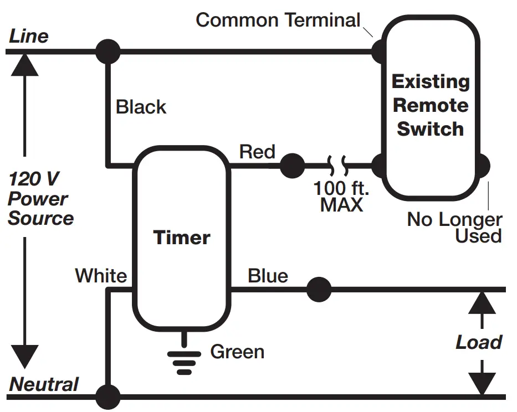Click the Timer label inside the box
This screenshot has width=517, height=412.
pyautogui.click(x=182, y=238)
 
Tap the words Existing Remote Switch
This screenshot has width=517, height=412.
pyautogui.click(x=431, y=105)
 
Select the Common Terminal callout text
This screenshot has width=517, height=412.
pyautogui.click(x=278, y=20)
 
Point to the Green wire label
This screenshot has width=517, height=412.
pyautogui.click(x=237, y=352)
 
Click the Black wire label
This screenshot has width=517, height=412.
pyautogui.click(x=141, y=107)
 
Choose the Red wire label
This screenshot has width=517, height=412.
pyautogui.click(x=257, y=152)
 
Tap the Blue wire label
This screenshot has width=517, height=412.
pyautogui.click(x=268, y=276)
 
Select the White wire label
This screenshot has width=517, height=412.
pyautogui.click(x=101, y=276)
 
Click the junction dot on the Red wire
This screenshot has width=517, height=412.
pyautogui.click(x=292, y=166)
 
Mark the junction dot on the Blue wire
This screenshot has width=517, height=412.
pyautogui.click(x=319, y=290)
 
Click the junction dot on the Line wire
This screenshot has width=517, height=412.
pyautogui.click(x=108, y=52)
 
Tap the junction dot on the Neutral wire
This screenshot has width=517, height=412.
pyautogui.click(x=108, y=396)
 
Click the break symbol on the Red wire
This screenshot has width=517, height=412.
pyautogui.click(x=338, y=165)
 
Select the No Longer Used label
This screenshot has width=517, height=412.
pyautogui.click(x=454, y=228)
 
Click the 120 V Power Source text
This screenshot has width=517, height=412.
pyautogui.click(x=40, y=199)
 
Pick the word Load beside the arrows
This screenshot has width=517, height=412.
pyautogui.click(x=479, y=342)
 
